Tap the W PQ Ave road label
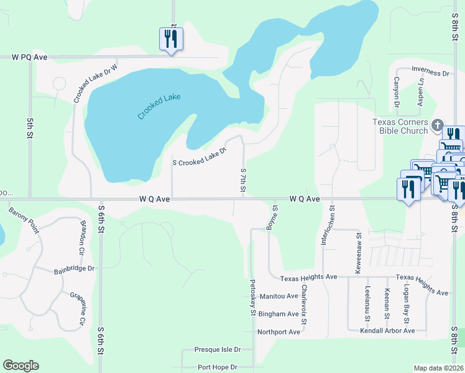[30, 57]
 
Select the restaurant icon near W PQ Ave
[169, 40]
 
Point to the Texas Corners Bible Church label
[400, 126]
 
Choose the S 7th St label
[243, 179]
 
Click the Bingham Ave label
[279, 314]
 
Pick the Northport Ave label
[279, 332]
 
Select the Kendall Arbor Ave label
[387, 331]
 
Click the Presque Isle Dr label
[216, 349]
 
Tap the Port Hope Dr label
[216, 367]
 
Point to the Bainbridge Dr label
[74, 269]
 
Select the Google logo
[21, 366]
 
